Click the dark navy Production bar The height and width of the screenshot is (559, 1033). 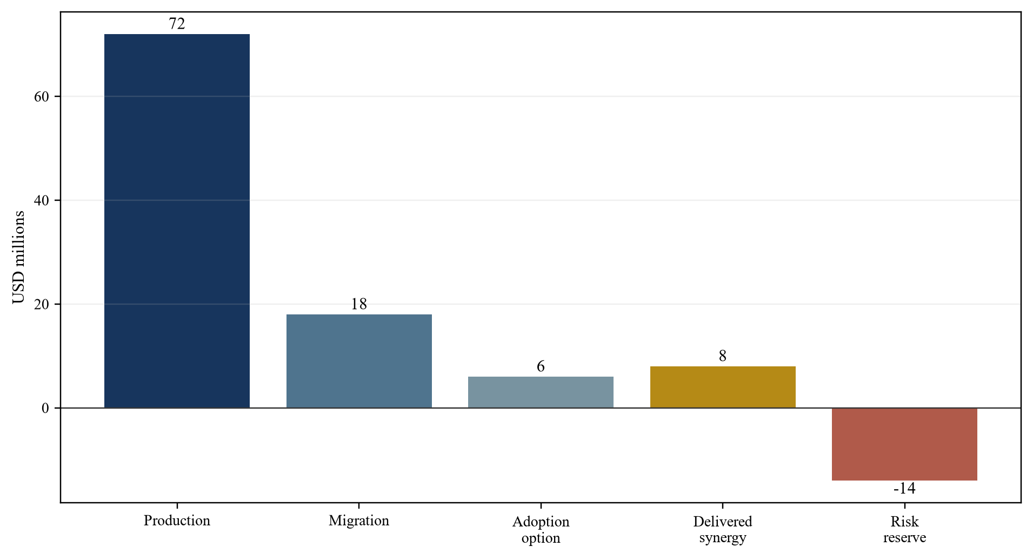pyautogui.click(x=177, y=221)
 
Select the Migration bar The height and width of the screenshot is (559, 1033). pyautogui.click(x=359, y=361)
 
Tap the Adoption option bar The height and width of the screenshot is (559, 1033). pyautogui.click(x=541, y=392)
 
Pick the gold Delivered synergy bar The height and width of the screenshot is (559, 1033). pyautogui.click(x=723, y=387)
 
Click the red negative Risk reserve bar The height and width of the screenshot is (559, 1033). pyautogui.click(x=904, y=444)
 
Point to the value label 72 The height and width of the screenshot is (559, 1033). pyautogui.click(x=177, y=24)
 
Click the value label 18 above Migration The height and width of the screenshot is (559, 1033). pyautogui.click(x=359, y=304)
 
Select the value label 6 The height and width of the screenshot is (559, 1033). pyautogui.click(x=541, y=366)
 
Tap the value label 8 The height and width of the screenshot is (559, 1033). pyautogui.click(x=723, y=356)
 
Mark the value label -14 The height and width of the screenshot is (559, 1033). pyautogui.click(x=904, y=489)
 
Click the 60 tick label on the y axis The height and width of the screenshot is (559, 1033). pyautogui.click(x=42, y=97)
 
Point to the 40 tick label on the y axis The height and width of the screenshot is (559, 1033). pyautogui.click(x=42, y=201)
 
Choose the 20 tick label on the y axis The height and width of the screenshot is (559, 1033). pyautogui.click(x=42, y=305)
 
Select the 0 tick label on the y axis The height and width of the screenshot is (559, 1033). pyautogui.click(x=45, y=409)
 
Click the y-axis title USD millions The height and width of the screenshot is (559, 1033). pyautogui.click(x=19, y=257)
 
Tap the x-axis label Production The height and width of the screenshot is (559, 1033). pyautogui.click(x=177, y=521)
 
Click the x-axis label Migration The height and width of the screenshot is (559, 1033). pyautogui.click(x=359, y=521)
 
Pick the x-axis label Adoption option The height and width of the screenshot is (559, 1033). pyautogui.click(x=541, y=530)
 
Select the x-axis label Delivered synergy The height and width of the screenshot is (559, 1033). pyautogui.click(x=723, y=530)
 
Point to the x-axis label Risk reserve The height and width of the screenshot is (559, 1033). pyautogui.click(x=904, y=530)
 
